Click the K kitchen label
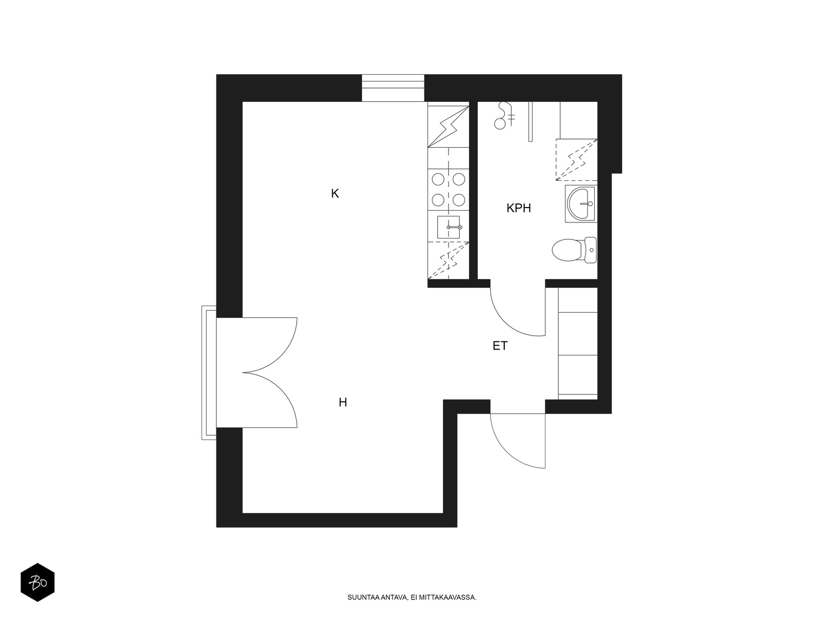click(335, 194)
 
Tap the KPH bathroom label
click(519, 208)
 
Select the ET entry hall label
click(500, 346)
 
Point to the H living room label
click(343, 403)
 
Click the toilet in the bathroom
click(574, 250)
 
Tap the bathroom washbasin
click(581, 204)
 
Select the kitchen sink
click(449, 227)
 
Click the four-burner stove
click(449, 190)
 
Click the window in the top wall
click(393, 88)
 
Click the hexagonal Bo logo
click(38, 582)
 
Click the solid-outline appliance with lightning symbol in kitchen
click(449, 127)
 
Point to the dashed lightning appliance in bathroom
click(577, 160)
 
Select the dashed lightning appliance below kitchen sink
click(449, 261)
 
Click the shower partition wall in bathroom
click(530, 122)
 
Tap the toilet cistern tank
click(591, 250)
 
